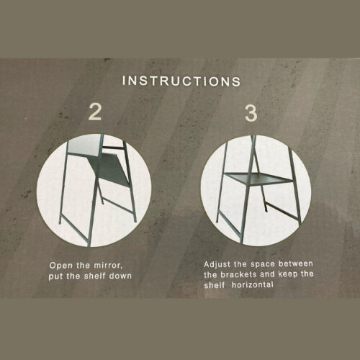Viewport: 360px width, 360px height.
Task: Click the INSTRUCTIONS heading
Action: click(181, 81)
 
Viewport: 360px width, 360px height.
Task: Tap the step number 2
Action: click(95, 112)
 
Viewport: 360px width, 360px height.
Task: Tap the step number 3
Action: click(251, 113)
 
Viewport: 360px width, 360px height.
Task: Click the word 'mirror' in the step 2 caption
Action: click(108, 266)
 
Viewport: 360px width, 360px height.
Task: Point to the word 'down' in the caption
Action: click(120, 276)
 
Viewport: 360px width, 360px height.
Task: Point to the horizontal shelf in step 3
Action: click(258, 178)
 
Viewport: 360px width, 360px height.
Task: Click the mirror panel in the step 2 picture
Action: click(84, 145)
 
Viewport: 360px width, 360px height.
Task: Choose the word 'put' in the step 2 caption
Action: click(56, 276)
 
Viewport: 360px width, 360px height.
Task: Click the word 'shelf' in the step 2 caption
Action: click(95, 276)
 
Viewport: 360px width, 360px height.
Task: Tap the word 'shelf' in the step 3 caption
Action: click(215, 285)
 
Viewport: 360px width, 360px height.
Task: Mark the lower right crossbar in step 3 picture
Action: click(283, 212)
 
